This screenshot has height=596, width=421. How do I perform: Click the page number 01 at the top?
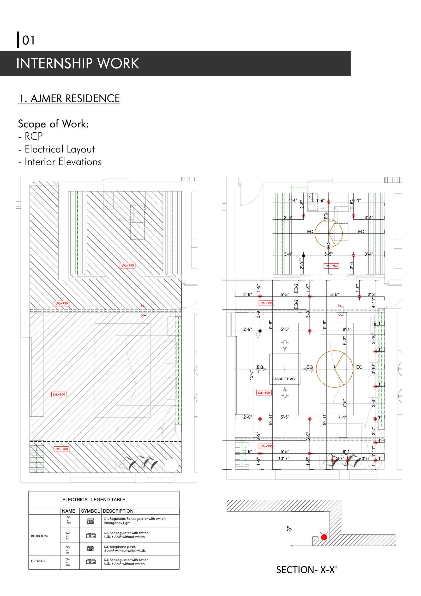(28, 40)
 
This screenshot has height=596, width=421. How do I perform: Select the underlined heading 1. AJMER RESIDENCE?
(69, 99)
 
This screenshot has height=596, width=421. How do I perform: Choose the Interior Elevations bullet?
(63, 162)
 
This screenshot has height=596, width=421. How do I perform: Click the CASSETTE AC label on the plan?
(283, 379)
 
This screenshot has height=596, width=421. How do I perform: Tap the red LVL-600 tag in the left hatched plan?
(59, 394)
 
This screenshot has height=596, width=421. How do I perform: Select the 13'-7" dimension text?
(251, 375)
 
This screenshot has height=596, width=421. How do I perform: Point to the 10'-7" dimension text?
(284, 459)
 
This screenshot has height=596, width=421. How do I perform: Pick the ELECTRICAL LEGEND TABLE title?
(94, 500)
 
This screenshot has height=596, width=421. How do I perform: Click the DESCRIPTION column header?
(118, 511)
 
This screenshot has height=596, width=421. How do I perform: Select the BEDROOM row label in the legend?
(39, 536)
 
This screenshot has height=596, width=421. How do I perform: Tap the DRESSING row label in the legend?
(39, 561)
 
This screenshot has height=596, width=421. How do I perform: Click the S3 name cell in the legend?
(68, 547)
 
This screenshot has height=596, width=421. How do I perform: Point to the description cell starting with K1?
(135, 521)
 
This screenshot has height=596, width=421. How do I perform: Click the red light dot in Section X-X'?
(324, 537)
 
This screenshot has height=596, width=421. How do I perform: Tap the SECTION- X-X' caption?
(306, 570)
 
